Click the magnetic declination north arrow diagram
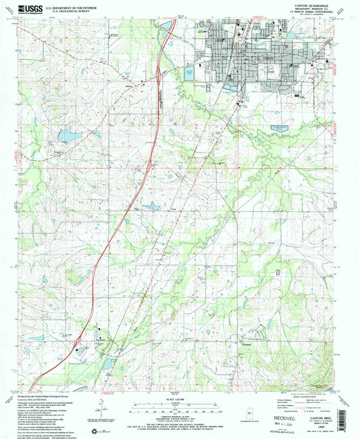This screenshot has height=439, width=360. click(x=99, y=403)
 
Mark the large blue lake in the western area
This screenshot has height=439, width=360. click(x=68, y=136)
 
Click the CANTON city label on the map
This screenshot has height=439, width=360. click(x=267, y=59)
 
